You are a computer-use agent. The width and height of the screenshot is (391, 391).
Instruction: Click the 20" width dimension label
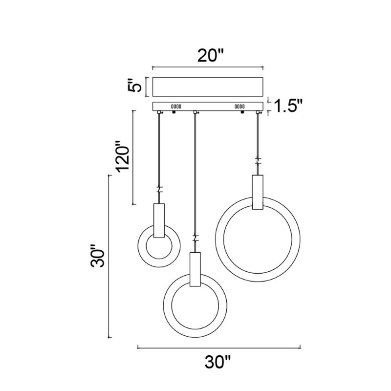coord(211,56)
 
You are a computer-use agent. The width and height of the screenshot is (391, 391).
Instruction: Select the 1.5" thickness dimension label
coord(288,106)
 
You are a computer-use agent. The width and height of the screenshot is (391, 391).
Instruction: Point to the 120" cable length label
coord(124,157)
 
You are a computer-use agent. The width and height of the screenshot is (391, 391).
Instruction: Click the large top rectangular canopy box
coord(208,87)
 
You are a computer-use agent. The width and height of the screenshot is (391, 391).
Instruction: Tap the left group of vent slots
coord(176,107)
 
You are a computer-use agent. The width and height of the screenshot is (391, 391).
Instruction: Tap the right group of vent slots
coord(239,107)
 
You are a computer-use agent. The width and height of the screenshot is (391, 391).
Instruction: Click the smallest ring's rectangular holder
coord(159,221)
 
